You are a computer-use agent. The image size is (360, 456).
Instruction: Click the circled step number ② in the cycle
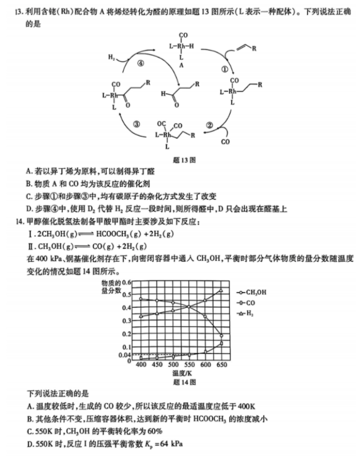point(209,125)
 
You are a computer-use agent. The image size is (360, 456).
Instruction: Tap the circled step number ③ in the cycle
point(137,124)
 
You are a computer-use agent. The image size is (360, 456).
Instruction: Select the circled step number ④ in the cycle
point(140,62)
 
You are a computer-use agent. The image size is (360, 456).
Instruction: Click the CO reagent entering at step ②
point(225,142)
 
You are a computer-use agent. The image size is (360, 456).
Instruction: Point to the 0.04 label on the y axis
point(125,354)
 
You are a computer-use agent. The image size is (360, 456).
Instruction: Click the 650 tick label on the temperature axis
point(222,366)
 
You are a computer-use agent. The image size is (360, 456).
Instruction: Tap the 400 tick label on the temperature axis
point(141,366)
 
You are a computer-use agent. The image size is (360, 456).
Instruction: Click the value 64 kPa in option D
point(170,444)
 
